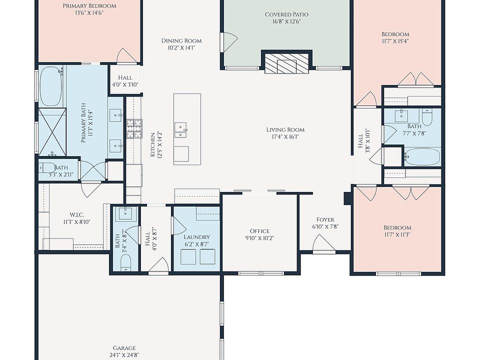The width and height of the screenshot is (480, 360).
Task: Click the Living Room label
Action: (285, 130)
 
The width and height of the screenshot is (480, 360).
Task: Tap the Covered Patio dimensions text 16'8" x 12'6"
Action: (286, 21)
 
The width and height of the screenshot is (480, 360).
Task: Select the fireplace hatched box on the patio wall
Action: (286, 63)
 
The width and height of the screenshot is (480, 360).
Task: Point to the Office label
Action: (259, 231)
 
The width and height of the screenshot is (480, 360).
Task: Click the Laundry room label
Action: (197, 237)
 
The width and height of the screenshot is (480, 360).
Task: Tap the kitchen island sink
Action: (180, 130)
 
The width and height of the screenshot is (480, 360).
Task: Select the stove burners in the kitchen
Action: (134, 128)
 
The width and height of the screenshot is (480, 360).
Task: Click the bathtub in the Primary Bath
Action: (50, 86)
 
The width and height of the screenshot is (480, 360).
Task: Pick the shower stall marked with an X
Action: (52, 132)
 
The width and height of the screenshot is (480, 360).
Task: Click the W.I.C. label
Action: (77, 215)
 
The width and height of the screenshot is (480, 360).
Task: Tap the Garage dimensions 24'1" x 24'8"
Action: (124, 355)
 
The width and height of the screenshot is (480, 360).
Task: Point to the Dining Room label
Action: (181, 40)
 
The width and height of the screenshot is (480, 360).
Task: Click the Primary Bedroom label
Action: (89, 6)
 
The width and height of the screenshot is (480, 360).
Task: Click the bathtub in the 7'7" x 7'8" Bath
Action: (422, 156)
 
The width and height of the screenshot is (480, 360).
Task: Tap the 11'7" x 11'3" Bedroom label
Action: (397, 228)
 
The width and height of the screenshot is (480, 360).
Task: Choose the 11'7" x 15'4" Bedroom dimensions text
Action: (395, 41)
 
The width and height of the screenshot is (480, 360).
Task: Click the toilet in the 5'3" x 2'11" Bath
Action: (47, 168)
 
